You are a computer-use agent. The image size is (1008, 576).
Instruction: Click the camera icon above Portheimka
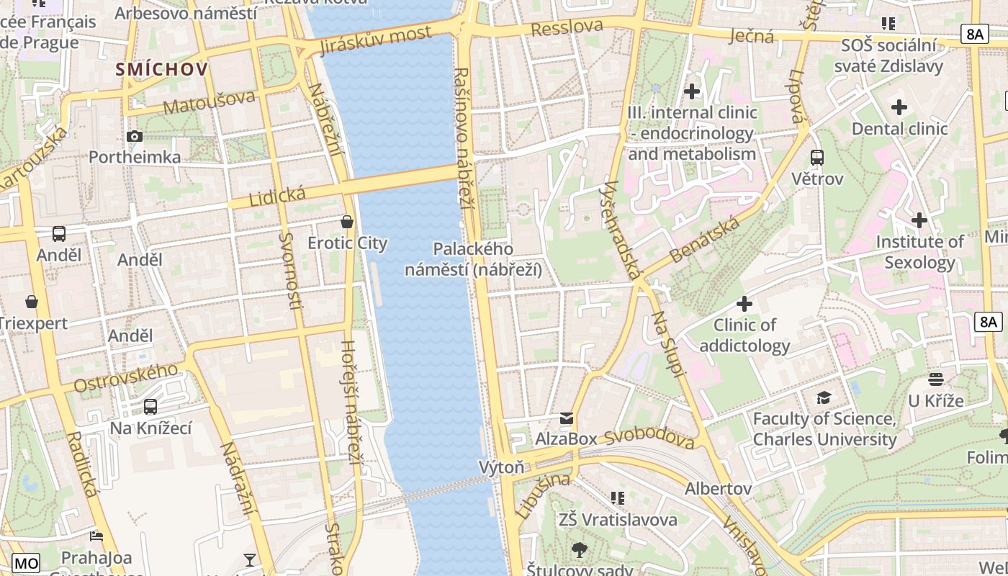[x=134, y=136]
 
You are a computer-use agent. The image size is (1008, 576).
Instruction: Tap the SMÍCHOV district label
[x=162, y=69]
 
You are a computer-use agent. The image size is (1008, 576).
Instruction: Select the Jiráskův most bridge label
[x=375, y=40]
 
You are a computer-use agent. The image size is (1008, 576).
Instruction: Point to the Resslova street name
[x=567, y=28]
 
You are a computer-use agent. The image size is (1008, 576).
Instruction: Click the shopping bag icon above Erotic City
[x=347, y=222]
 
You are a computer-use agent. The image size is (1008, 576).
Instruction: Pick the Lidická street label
[x=277, y=196]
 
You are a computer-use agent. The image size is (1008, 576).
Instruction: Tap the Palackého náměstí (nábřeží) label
[x=473, y=259]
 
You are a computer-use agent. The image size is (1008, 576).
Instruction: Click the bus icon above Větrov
[x=816, y=157]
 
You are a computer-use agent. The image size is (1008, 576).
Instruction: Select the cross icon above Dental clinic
[x=899, y=108]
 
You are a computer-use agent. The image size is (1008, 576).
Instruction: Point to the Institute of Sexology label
[x=919, y=252]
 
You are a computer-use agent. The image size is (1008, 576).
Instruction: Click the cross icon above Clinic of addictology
[x=744, y=304]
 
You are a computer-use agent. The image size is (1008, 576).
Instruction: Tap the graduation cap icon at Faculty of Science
[x=824, y=397]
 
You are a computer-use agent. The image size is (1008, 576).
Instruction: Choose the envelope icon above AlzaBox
[x=567, y=418]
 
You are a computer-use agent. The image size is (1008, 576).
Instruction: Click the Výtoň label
[x=502, y=467]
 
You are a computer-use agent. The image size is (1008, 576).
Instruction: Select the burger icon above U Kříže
[x=936, y=379]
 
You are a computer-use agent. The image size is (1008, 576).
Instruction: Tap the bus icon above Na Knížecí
[x=150, y=407]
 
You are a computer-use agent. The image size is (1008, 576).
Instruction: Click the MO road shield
[x=26, y=562]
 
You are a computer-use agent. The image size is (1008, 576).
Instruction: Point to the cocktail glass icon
[x=250, y=559]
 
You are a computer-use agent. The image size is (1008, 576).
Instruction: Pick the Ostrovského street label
[x=126, y=378]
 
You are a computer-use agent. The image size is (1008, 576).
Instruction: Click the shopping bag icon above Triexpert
[x=32, y=302]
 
